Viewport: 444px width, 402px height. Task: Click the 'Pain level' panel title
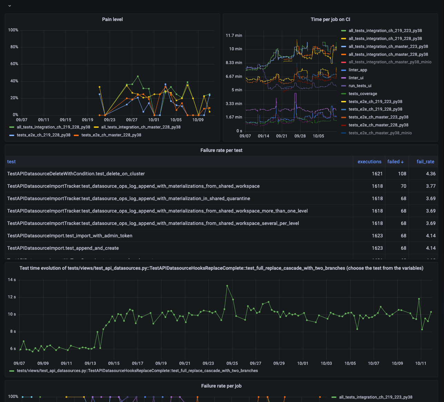tap(112, 19)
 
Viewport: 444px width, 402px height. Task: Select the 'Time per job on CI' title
tap(330, 19)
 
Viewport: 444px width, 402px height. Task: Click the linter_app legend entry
tap(358, 70)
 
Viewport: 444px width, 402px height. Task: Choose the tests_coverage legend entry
tap(363, 94)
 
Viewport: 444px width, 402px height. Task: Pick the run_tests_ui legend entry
tap(360, 86)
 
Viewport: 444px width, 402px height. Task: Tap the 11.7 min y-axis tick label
tap(234, 35)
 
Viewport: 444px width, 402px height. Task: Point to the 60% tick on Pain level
tap(14, 64)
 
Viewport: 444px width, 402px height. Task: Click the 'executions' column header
tap(369, 162)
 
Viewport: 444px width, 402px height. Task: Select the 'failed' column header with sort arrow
tap(395, 162)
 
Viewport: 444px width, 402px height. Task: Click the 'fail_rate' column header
tap(425, 162)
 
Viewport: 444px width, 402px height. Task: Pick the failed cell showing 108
tap(402, 174)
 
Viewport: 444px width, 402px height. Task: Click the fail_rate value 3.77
tap(431, 186)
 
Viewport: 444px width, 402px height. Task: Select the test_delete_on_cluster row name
tap(76, 174)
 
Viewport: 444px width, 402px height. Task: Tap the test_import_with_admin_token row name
tap(70, 236)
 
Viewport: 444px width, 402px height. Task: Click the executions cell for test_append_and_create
tap(377, 248)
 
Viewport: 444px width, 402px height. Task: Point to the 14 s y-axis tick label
tap(12, 280)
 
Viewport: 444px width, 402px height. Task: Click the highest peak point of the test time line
tap(227, 286)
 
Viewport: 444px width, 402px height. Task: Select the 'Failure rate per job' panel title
tap(221, 386)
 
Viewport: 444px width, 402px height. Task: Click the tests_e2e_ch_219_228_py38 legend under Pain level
tap(43, 135)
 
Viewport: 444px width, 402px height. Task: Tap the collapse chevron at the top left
tap(10, 6)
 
